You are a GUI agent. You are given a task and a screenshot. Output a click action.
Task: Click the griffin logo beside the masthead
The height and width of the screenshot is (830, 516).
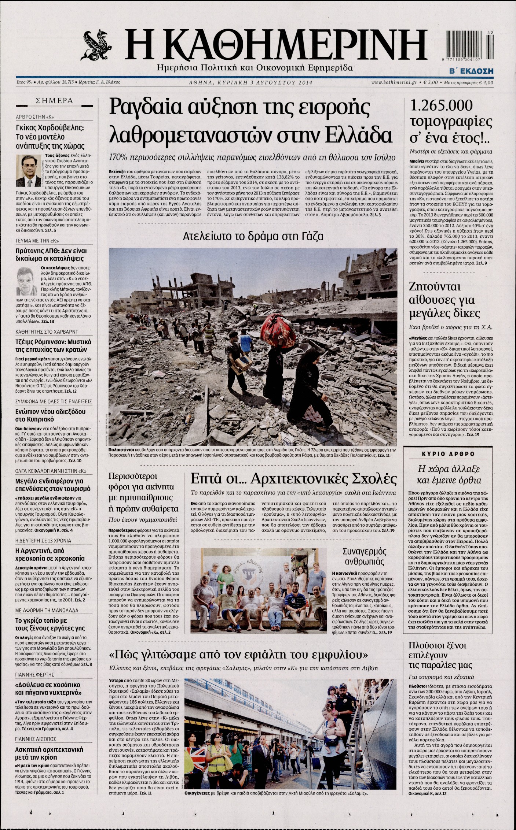(98, 45)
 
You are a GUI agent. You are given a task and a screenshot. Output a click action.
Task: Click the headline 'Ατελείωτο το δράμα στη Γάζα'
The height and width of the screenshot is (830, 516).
(253, 236)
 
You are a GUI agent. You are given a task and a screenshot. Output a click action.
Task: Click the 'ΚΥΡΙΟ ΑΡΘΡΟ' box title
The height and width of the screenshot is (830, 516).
(446, 454)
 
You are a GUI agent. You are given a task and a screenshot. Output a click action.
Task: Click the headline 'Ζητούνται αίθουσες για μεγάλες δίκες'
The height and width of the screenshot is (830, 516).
(442, 300)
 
